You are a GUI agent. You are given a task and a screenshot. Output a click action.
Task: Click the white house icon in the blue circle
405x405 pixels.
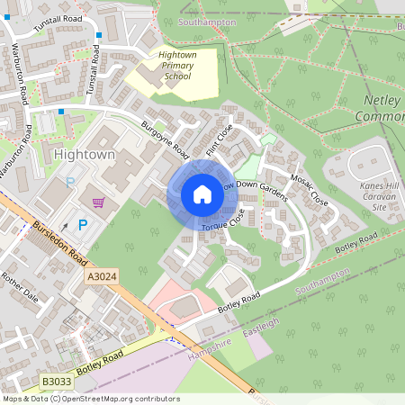202,194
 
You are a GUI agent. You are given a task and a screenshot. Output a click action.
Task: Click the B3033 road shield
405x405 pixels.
57,382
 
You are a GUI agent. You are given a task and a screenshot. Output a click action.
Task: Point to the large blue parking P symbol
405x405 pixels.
83,225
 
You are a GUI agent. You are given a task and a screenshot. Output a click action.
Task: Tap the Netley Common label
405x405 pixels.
385,108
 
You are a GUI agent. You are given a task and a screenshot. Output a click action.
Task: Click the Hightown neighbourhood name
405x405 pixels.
85,155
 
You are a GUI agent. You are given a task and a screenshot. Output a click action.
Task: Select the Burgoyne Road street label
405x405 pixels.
165,136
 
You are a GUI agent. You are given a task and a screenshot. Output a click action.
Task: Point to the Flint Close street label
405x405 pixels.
219,139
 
